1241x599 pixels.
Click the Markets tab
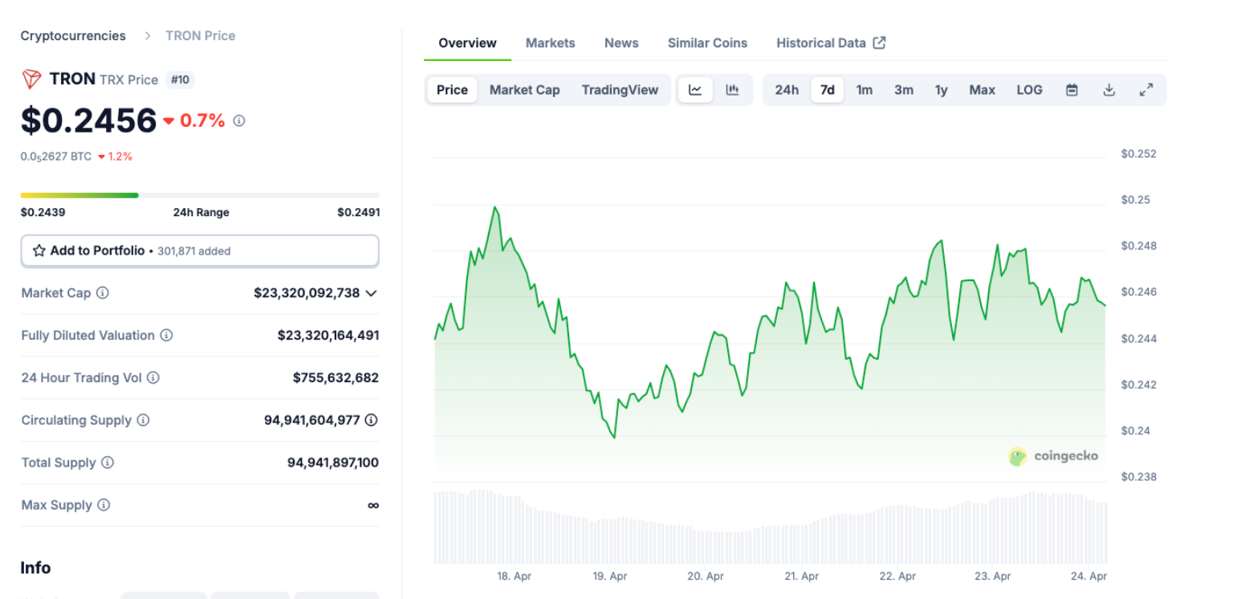pyautogui.click(x=550, y=43)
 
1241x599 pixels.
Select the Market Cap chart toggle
pyautogui.click(x=524, y=90)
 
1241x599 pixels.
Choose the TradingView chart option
pyautogui.click(x=620, y=90)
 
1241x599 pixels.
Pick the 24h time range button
pyautogui.click(x=786, y=90)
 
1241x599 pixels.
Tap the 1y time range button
pyautogui.click(x=942, y=90)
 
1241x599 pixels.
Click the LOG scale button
pyautogui.click(x=1029, y=90)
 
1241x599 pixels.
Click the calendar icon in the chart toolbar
pyautogui.click(x=1072, y=90)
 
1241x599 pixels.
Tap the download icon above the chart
pyautogui.click(x=1109, y=90)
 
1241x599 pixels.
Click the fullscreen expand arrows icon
pyautogui.click(x=1146, y=90)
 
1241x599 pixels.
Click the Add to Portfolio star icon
pyautogui.click(x=39, y=251)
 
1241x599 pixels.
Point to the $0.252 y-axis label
pyautogui.click(x=1138, y=153)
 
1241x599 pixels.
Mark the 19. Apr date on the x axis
pyautogui.click(x=609, y=576)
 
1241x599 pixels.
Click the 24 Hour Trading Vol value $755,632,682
pyautogui.click(x=336, y=377)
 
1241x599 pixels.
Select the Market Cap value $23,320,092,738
pyautogui.click(x=307, y=292)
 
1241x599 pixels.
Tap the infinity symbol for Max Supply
pyautogui.click(x=372, y=505)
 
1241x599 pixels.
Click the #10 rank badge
pyautogui.click(x=180, y=79)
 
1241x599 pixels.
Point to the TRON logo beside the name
pyautogui.click(x=31, y=79)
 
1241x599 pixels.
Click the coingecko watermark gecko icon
pyautogui.click(x=1017, y=457)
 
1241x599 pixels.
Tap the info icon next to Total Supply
pyautogui.click(x=108, y=462)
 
